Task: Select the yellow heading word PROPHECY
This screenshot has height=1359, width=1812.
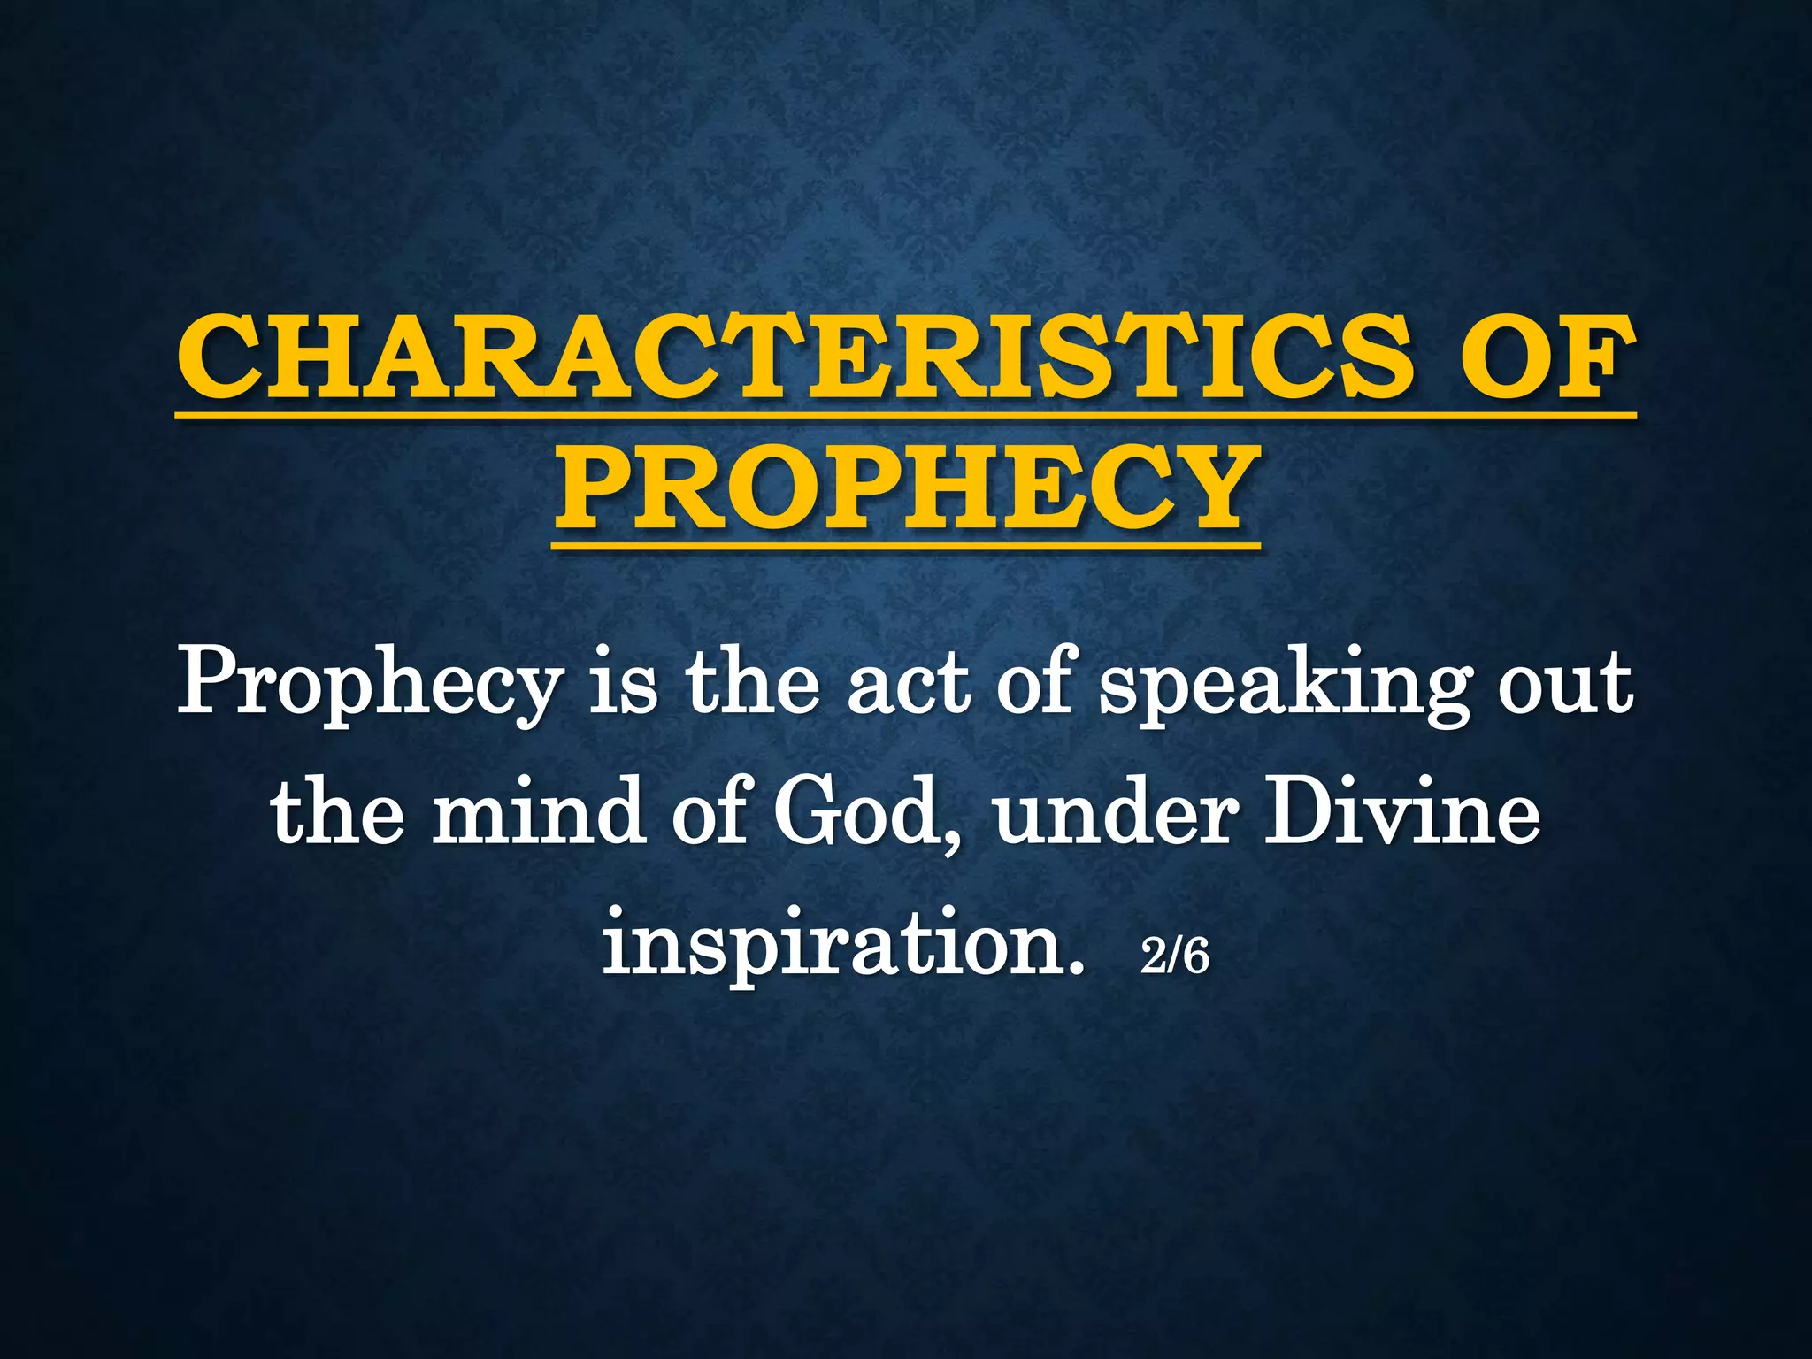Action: coord(907,488)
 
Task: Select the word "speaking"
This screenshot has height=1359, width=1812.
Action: coord(1285,688)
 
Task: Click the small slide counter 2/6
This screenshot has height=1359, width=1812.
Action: coord(1174,956)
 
